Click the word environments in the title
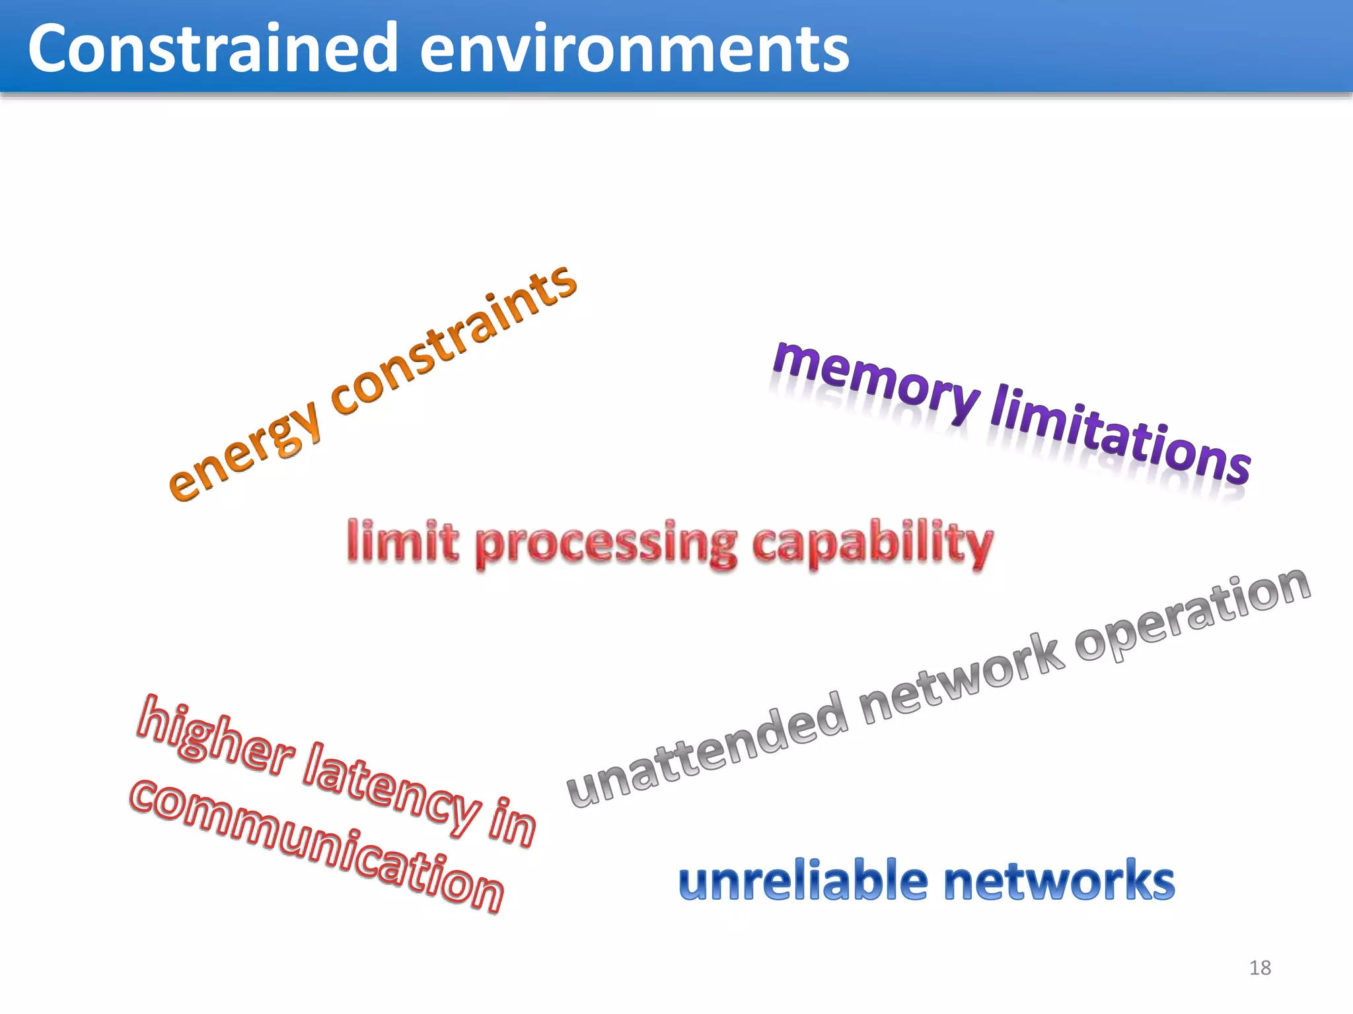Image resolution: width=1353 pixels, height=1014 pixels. [x=634, y=48]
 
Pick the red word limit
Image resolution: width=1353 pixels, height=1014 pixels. [x=402, y=541]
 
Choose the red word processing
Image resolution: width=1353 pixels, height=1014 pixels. [x=605, y=545]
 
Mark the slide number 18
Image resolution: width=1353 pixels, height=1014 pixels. [x=1260, y=968]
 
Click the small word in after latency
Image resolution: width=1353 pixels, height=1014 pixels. [x=512, y=822]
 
